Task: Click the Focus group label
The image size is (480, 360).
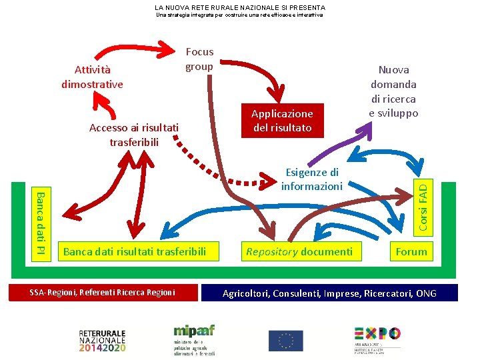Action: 199,59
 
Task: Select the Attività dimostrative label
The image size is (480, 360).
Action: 92,77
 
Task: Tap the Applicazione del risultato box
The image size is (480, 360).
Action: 282,121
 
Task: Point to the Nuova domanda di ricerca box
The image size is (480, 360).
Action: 393,91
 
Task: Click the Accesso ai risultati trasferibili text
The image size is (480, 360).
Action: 134,135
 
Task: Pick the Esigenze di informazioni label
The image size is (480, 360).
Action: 311,179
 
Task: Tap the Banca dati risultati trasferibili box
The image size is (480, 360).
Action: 130,251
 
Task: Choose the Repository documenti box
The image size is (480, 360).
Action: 299,251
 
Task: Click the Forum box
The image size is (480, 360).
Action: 411,251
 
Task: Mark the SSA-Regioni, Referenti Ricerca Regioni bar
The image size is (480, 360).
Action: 103,293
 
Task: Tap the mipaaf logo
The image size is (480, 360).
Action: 194,339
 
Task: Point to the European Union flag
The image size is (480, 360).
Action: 285,341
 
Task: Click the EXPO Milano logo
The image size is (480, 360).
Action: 377,339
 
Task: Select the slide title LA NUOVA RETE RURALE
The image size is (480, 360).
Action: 240,7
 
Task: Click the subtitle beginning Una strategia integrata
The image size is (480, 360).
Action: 239,15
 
